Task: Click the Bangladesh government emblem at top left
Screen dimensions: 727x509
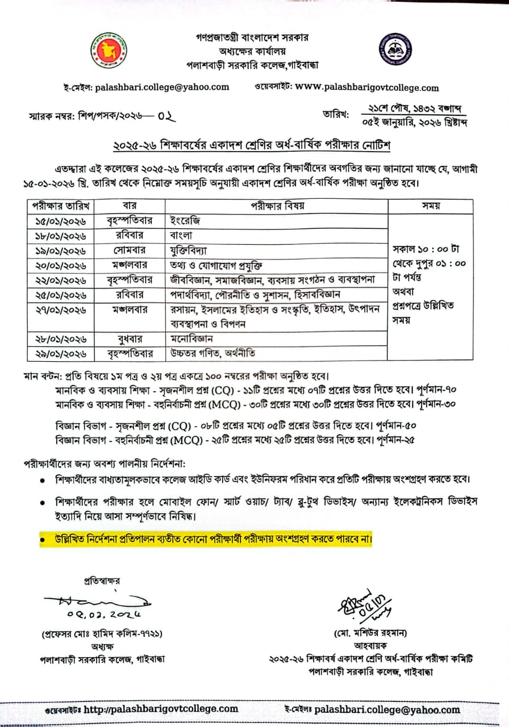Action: (109, 50)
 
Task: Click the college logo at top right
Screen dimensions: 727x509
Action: (396, 49)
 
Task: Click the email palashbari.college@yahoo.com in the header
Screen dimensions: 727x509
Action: (162, 87)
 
